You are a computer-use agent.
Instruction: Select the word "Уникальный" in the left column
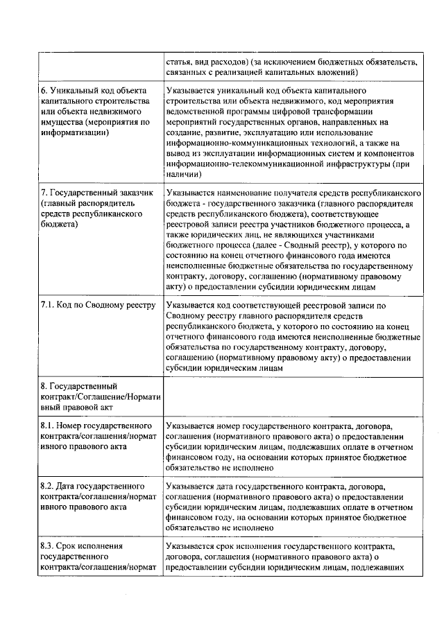[75, 91]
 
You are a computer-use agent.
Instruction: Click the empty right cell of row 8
[291, 395]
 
